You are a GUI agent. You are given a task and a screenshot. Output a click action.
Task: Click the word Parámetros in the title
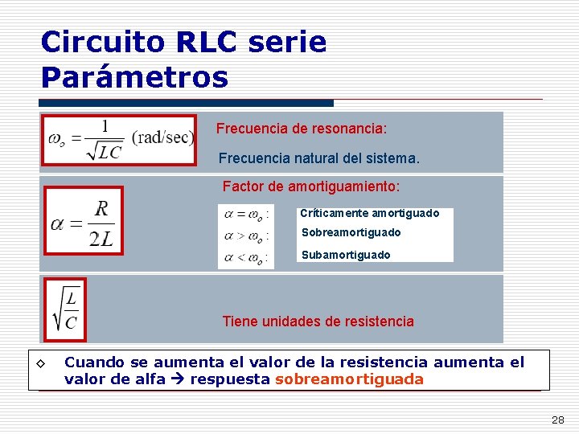tap(134, 78)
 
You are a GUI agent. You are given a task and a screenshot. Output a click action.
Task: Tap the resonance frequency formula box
tap(120, 140)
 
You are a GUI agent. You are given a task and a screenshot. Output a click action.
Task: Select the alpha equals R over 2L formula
tap(84, 220)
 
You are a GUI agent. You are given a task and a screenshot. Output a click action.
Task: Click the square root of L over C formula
tap(65, 309)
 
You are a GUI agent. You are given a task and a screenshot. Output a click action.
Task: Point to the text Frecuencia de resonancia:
tap(302, 129)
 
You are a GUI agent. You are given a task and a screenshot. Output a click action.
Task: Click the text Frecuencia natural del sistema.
tap(319, 159)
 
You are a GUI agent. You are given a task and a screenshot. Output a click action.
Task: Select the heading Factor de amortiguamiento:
tap(310, 186)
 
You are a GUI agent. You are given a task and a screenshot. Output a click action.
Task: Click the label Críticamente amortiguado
tap(370, 213)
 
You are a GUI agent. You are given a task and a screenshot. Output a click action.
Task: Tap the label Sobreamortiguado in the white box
tap(351, 232)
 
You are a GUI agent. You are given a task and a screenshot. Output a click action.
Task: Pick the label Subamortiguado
tap(346, 255)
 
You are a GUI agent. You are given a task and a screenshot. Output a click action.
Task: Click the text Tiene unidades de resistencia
tap(318, 321)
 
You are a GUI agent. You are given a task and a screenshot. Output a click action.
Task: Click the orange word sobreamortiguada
tap(349, 380)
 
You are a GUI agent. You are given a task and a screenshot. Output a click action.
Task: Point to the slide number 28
tap(557, 420)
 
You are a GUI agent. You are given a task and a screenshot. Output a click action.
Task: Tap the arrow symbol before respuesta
tap(177, 380)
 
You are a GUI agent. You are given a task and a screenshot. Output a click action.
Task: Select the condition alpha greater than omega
tap(244, 236)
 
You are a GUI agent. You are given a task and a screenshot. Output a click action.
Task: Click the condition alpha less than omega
tap(244, 258)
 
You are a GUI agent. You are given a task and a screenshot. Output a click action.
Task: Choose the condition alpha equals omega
tap(244, 215)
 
